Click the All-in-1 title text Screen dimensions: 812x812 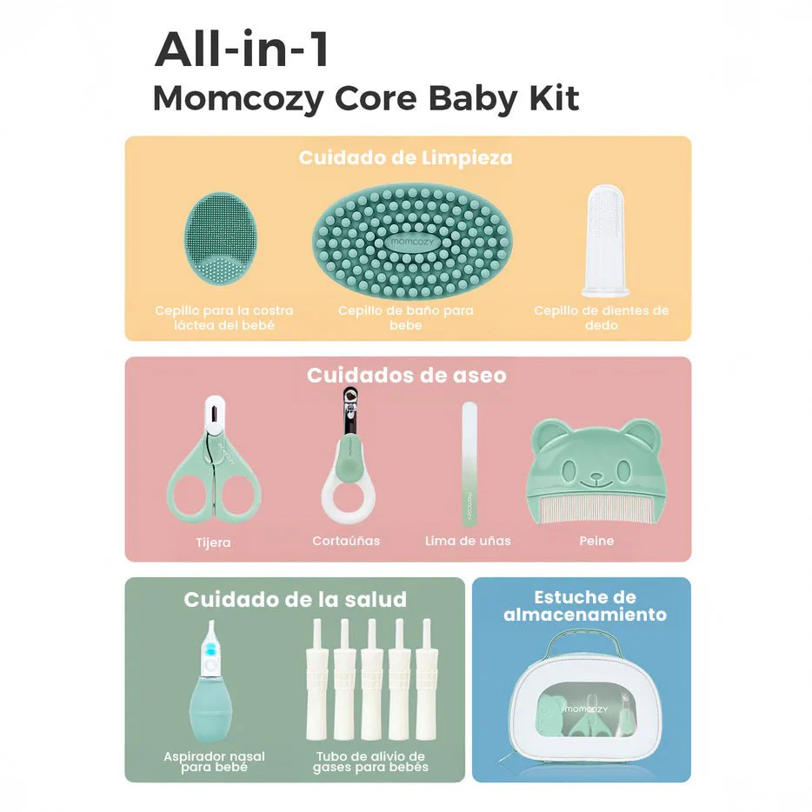[242, 50]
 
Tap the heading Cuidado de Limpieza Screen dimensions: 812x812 [405, 157]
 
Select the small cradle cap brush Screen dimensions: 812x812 [224, 240]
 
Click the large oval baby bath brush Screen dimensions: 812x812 [411, 241]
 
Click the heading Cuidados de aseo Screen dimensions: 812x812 [406, 376]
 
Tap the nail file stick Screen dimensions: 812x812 [469, 465]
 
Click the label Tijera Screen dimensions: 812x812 [213, 542]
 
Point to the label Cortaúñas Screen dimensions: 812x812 [346, 541]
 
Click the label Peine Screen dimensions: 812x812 [596, 541]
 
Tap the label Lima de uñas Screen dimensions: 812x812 [468, 541]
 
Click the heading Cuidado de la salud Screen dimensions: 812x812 [295, 599]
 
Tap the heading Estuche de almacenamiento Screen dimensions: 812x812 [585, 606]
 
